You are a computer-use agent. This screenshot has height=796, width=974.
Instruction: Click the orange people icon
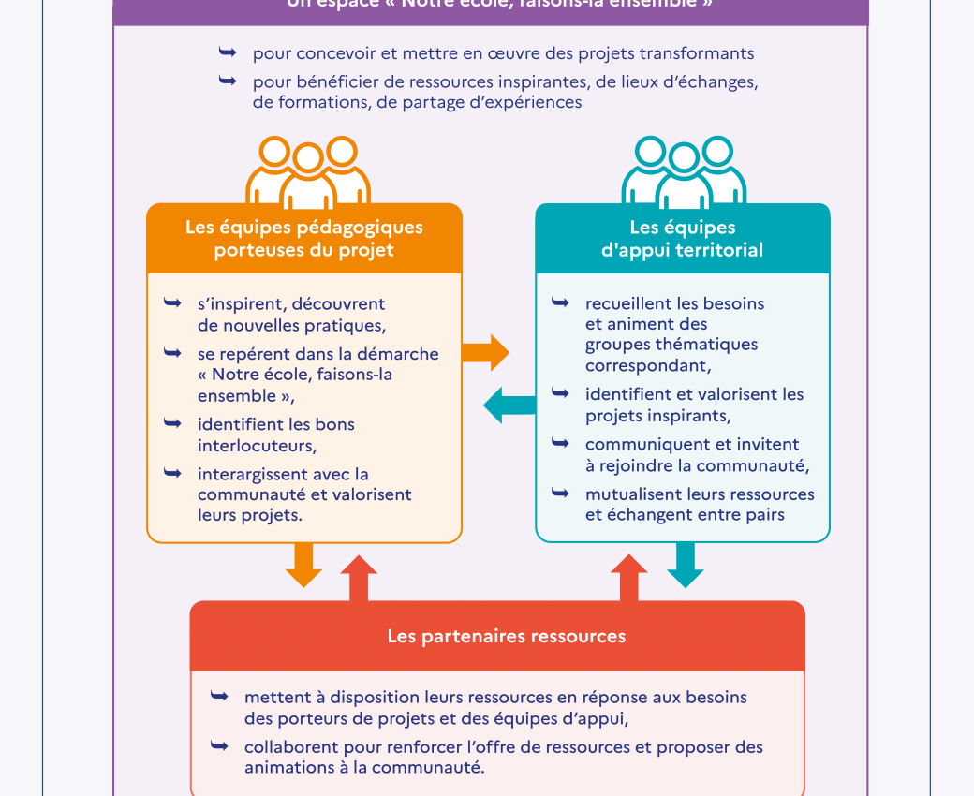coord(307,172)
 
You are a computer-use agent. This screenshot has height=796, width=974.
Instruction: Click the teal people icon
coord(683,172)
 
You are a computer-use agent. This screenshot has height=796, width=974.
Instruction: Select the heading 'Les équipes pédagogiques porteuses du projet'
coord(304,239)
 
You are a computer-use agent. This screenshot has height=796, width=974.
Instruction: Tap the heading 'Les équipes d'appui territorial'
coord(682,239)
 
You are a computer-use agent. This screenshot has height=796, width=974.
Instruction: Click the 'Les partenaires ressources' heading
coord(507,637)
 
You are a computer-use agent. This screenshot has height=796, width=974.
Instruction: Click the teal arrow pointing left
coord(509,405)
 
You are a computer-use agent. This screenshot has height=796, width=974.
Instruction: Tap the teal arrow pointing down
coord(686,566)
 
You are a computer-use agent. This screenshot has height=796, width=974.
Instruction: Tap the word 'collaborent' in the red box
coord(288,747)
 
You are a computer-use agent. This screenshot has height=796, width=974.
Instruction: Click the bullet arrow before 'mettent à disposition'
coord(219,697)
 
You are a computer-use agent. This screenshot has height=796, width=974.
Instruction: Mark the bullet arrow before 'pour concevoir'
coord(227,52)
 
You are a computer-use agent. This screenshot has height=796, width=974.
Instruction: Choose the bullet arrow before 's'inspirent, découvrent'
coord(172,303)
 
